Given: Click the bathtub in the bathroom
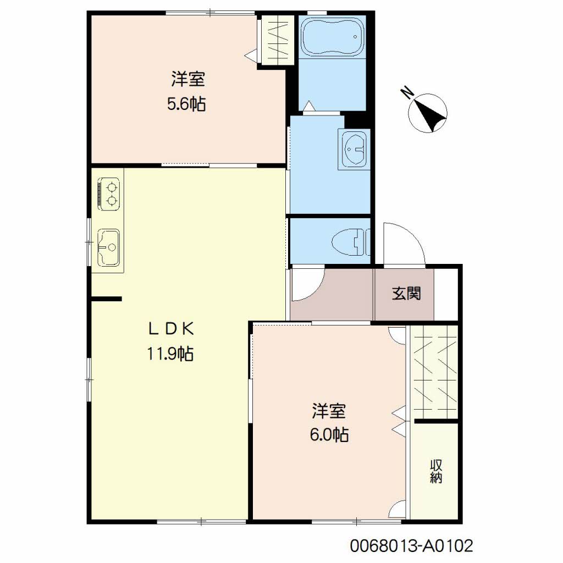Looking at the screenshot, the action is pyautogui.click(x=333, y=37).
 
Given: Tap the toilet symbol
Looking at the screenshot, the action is pyautogui.click(x=350, y=241).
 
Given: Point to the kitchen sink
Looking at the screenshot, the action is pyautogui.click(x=108, y=247).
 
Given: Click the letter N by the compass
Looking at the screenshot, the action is pyautogui.click(x=407, y=92).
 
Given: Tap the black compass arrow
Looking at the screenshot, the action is pyautogui.click(x=432, y=114).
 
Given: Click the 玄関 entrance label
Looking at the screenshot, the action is pyautogui.click(x=406, y=294).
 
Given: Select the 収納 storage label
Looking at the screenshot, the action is pyautogui.click(x=435, y=471).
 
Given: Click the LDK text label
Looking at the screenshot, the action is pyautogui.click(x=172, y=329).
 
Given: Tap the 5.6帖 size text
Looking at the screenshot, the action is pyautogui.click(x=186, y=104).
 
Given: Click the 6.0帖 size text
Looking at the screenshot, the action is pyautogui.click(x=329, y=435).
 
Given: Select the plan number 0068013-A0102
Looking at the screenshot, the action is pyautogui.click(x=411, y=546).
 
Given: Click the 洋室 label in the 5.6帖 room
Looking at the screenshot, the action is pyautogui.click(x=188, y=79).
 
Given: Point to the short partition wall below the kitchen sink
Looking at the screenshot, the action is pyautogui.click(x=106, y=299).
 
